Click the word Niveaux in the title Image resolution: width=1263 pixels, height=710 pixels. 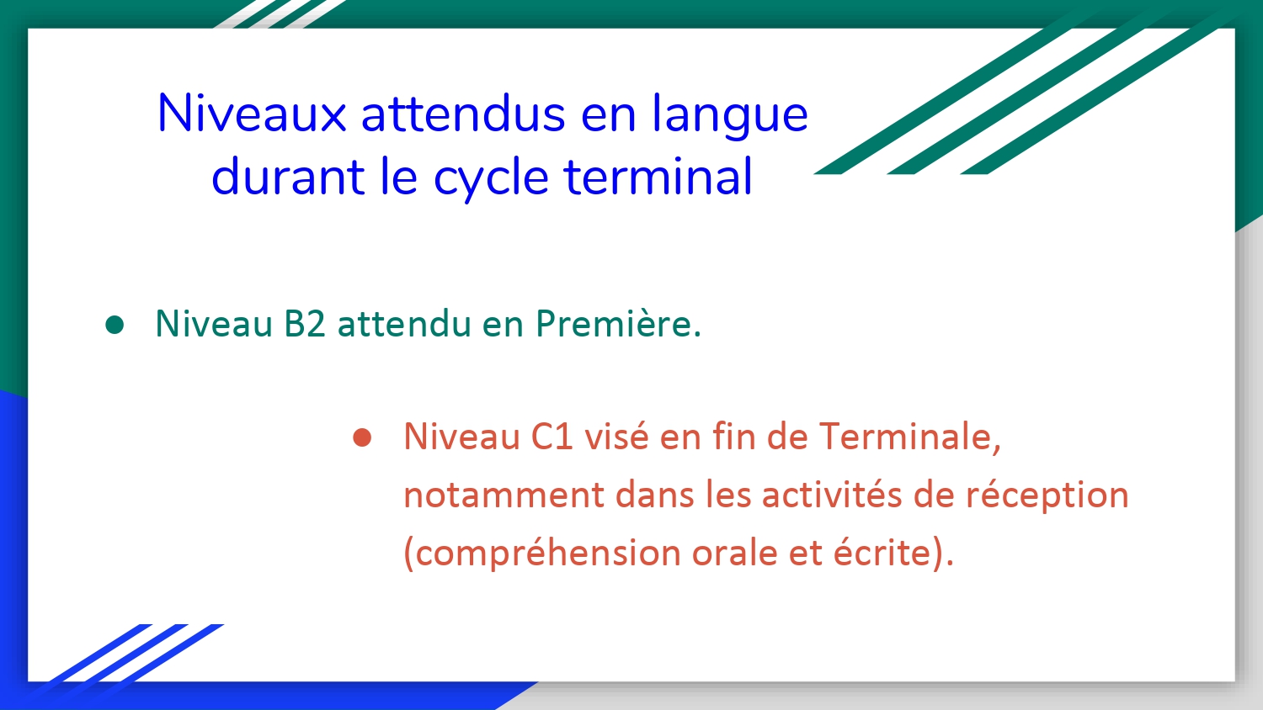(252, 114)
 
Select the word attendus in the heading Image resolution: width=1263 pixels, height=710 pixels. (463, 114)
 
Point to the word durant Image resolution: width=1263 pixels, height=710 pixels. (287, 176)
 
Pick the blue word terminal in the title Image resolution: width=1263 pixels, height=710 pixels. (658, 176)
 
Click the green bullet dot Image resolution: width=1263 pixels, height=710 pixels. (115, 325)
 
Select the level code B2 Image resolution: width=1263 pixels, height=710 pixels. (305, 324)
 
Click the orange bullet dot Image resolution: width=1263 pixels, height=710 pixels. (362, 437)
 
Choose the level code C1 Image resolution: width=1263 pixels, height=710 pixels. (552, 437)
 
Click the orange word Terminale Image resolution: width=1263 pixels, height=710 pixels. (910, 437)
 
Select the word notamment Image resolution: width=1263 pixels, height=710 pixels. (504, 495)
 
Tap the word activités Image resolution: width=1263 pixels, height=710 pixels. (832, 494)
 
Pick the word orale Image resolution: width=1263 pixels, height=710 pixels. (735, 553)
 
